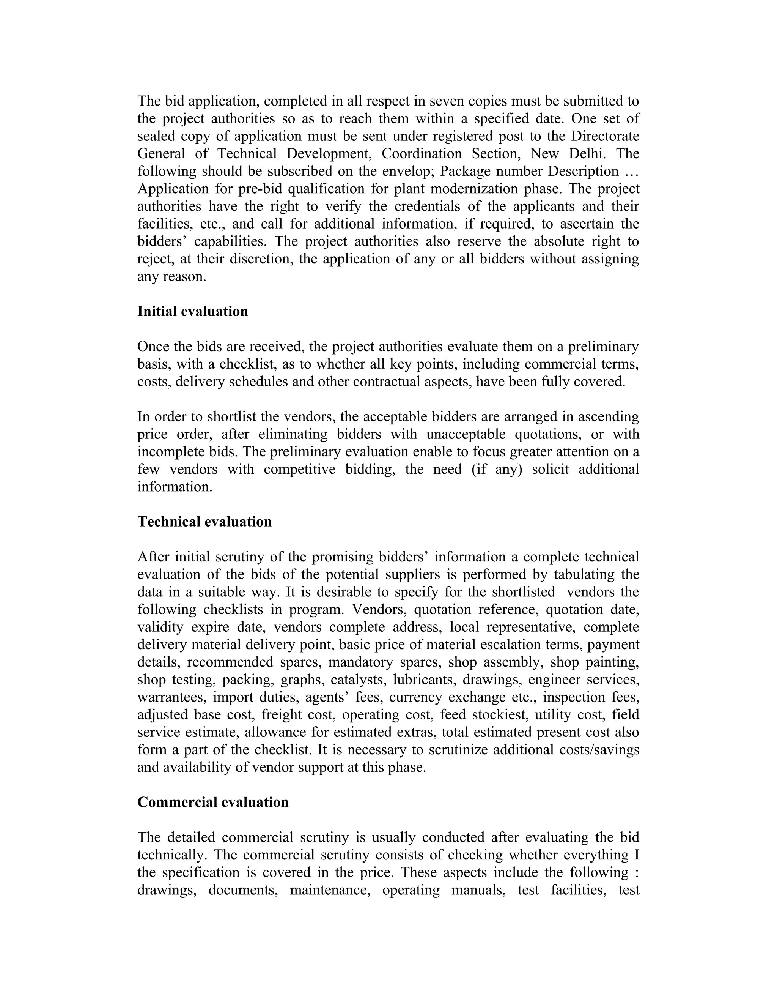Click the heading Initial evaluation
point(192,311)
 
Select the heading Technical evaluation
point(204,522)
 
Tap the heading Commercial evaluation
point(213,802)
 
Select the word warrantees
point(171,697)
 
